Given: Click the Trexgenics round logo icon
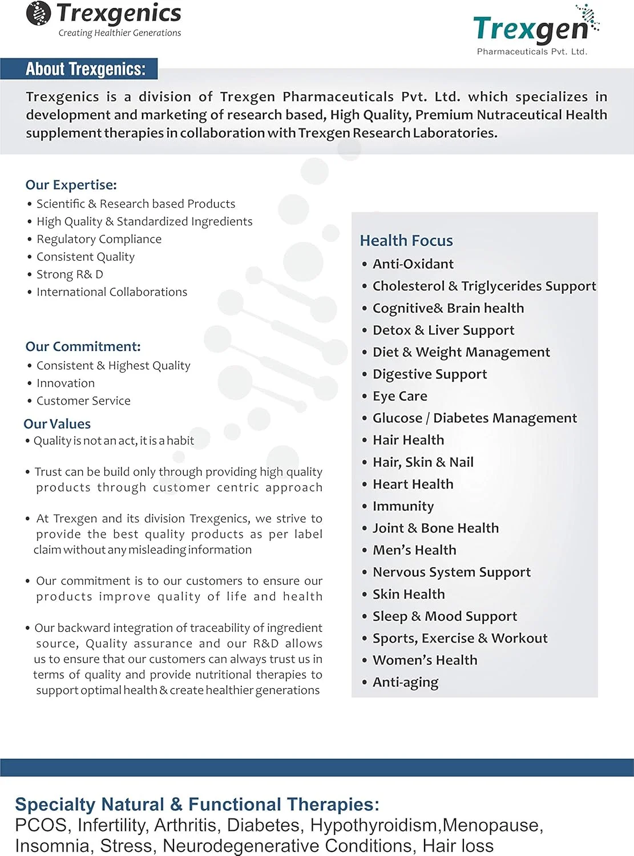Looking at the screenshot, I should click(38, 13).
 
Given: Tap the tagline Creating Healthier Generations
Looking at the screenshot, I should click(119, 33).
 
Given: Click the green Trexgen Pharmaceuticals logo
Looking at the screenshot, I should click(534, 29).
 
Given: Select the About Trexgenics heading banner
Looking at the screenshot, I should click(85, 69).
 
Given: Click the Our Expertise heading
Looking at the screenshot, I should click(71, 185).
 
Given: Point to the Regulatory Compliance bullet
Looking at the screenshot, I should click(99, 239).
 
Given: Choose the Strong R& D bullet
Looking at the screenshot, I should click(70, 274).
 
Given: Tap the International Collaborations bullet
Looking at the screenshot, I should click(111, 292).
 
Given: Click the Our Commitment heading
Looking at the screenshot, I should click(83, 346).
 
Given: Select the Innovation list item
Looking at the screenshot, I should click(66, 383).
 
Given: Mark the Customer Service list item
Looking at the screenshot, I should click(83, 401).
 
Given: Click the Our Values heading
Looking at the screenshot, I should click(57, 424).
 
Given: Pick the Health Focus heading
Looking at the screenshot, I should click(406, 241).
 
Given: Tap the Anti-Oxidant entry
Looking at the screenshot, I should click(413, 264).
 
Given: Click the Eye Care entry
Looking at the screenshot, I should click(399, 396).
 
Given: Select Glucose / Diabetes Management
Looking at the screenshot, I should click(474, 418).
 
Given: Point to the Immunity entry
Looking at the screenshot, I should click(403, 506).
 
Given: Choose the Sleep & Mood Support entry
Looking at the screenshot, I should click(445, 616).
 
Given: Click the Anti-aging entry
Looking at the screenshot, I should click(405, 683).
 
